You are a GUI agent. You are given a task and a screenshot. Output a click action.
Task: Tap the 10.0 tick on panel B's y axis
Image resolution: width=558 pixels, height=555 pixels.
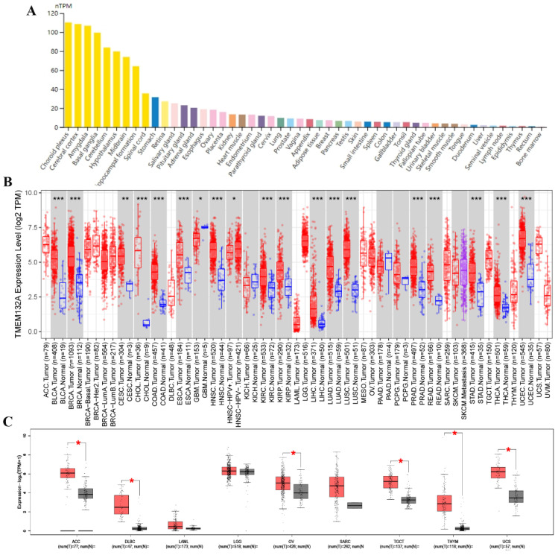click(x=29, y=193)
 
